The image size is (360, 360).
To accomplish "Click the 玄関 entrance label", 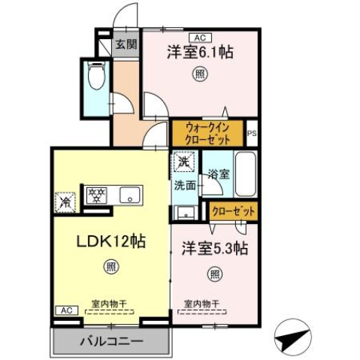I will (x=126, y=44).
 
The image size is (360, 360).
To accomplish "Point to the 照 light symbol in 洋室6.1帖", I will (x=200, y=74).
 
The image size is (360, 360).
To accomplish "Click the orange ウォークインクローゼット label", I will (x=207, y=134).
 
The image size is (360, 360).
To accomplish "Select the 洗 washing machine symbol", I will (x=183, y=161).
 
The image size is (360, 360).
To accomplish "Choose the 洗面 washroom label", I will (x=185, y=184).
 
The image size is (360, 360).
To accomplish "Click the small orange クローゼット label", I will (x=232, y=211).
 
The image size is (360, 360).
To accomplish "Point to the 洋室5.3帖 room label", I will (x=216, y=248).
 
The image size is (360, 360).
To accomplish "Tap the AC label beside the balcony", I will (x=65, y=310).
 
